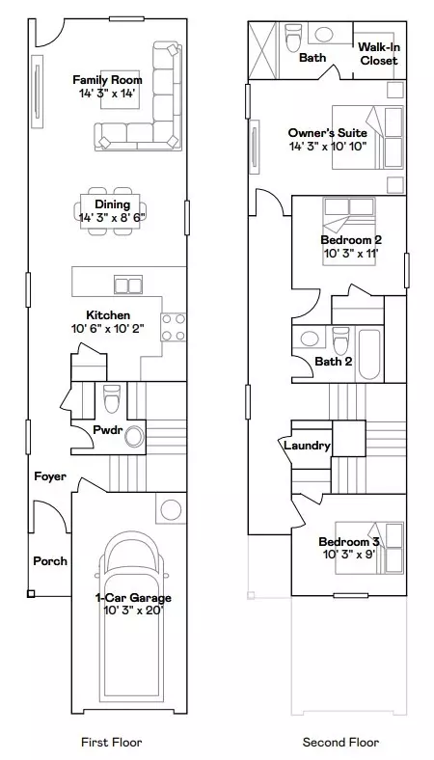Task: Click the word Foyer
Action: pos(50,476)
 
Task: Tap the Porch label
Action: pos(50,560)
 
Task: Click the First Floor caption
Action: pos(112,743)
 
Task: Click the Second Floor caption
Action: pos(341,743)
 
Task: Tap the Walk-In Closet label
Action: pos(378,53)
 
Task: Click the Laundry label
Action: pos(307,446)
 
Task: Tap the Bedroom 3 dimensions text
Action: pos(349,556)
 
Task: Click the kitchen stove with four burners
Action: pos(174,327)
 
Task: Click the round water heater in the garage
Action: pos(170,508)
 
